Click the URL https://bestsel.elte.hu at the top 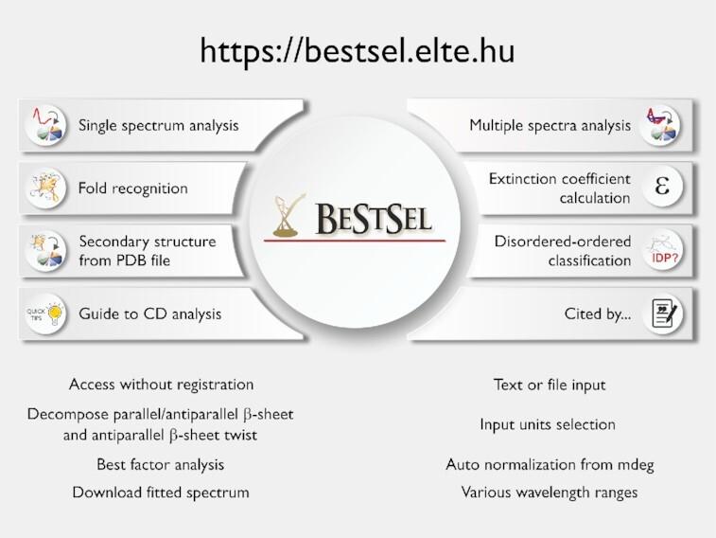tap(358, 51)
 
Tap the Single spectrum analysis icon tap(45, 125)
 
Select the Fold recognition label tap(132, 188)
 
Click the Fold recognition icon tap(45, 188)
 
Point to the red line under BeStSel tap(356, 241)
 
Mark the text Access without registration tap(161, 385)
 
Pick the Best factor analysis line tap(160, 465)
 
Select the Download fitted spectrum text tap(161, 493)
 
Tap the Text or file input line tap(550, 385)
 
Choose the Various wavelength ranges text tap(550, 493)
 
